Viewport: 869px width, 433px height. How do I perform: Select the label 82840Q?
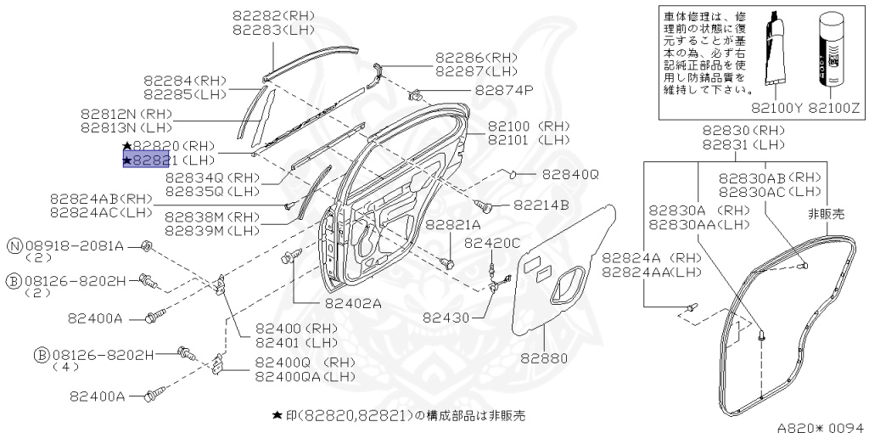tap(570, 175)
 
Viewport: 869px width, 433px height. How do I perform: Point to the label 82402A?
tap(353, 303)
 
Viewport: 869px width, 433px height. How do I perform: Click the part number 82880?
tap(544, 358)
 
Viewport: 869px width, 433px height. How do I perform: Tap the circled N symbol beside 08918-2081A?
tap(14, 246)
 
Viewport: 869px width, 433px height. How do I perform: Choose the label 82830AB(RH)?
tap(771, 177)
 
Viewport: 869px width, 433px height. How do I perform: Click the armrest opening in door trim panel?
tap(566, 284)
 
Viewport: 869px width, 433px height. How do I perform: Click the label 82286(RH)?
tap(476, 58)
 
